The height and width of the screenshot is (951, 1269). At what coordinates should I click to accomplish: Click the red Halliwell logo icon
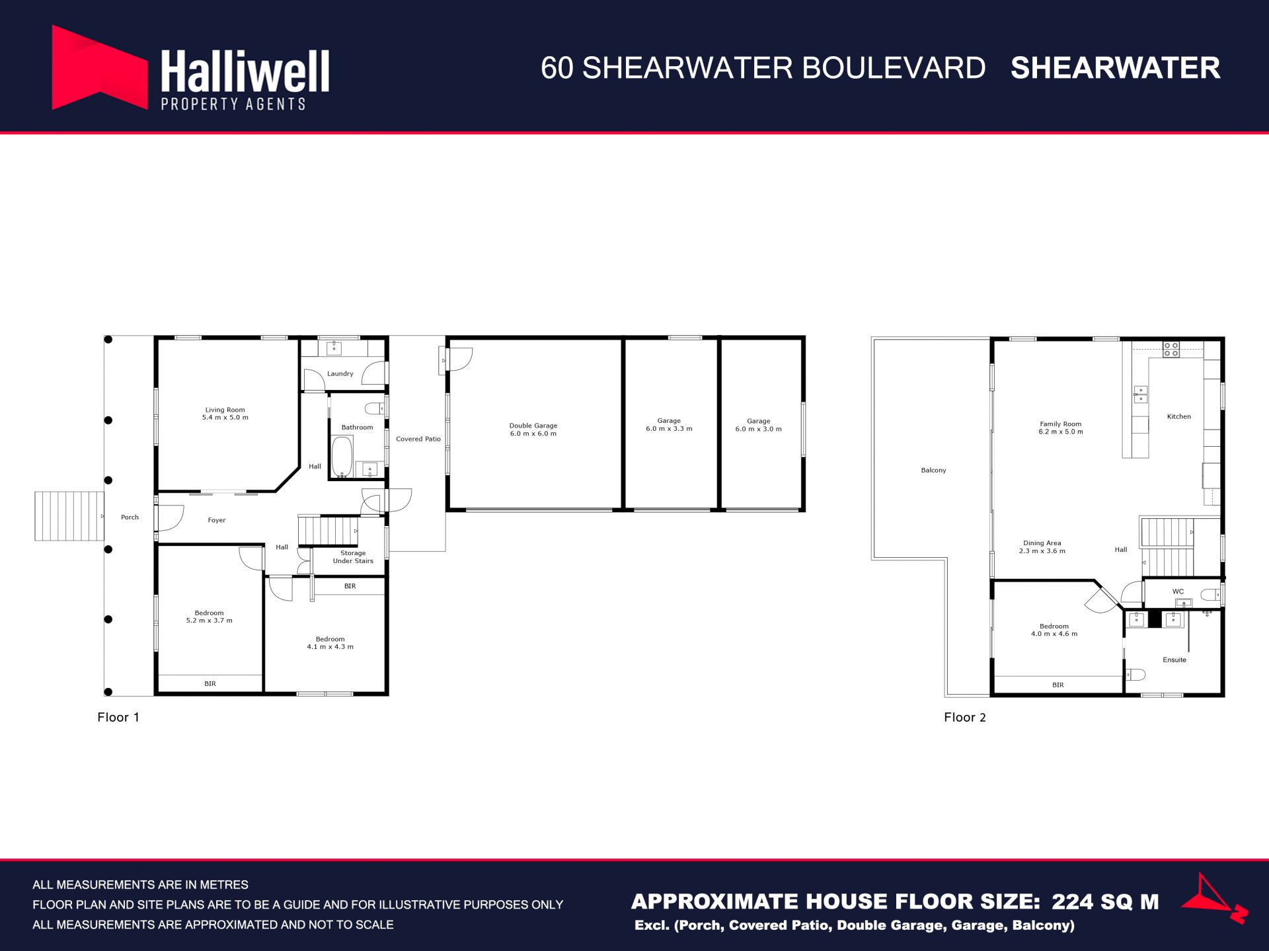(99, 67)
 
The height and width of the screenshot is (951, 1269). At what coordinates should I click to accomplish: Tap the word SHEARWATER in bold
(1115, 68)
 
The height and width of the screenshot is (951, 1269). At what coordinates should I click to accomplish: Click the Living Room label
(225, 414)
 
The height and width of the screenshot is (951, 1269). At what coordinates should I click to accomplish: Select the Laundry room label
(340, 374)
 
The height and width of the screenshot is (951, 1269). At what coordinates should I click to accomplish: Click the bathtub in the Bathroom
(342, 456)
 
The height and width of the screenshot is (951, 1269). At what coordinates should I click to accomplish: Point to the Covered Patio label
(418, 439)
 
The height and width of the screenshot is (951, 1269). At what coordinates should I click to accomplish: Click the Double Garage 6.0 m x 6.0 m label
(533, 430)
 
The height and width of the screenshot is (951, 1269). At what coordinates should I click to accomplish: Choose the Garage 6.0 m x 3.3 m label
(669, 424)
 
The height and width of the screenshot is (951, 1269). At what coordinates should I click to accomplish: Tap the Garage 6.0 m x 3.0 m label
(759, 425)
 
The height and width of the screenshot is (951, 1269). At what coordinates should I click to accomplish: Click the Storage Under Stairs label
(353, 557)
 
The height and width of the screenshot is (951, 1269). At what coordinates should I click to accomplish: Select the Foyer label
(217, 520)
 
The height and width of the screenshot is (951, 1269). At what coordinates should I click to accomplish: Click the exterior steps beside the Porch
(69, 516)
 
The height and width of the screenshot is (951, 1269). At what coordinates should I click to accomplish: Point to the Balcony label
(933, 471)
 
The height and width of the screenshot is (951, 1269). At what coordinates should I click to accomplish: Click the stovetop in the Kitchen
(1171, 350)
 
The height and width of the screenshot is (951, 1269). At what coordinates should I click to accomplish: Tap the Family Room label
(1061, 428)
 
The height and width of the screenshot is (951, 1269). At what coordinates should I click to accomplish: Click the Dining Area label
(1042, 547)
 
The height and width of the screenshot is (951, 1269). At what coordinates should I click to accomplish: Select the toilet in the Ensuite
(1135, 675)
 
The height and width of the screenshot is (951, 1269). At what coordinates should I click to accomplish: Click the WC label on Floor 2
(1178, 591)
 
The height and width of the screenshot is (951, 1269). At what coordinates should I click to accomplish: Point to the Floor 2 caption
(965, 718)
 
